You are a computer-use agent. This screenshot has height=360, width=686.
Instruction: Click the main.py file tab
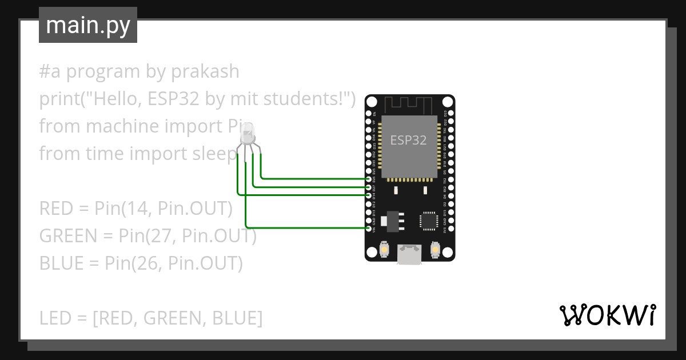coord(88,26)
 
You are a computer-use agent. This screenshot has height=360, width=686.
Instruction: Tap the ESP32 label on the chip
coord(408,140)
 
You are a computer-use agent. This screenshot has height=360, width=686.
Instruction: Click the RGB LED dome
coord(248,136)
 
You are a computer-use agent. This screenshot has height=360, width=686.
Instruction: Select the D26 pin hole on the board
coord(368,179)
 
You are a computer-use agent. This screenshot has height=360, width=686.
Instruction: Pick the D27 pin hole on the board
coord(368,187)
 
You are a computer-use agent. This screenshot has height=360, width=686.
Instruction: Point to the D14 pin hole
coord(368,195)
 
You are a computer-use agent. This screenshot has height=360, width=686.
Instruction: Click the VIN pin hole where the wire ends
coord(368,228)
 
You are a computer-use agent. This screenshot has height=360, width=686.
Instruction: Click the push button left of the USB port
coord(384,250)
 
